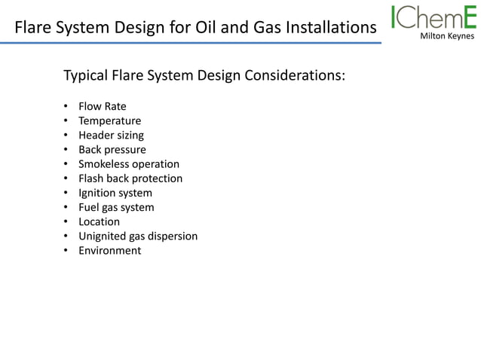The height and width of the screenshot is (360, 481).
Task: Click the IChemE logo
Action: click(x=434, y=17)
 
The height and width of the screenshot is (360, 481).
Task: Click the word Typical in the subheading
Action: click(x=86, y=77)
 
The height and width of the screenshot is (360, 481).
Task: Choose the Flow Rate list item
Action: click(x=103, y=106)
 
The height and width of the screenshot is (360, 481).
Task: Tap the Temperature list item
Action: click(x=109, y=121)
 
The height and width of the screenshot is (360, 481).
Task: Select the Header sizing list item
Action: click(x=111, y=136)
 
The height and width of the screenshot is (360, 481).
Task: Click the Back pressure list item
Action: click(x=112, y=150)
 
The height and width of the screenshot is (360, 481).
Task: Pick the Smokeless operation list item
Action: click(x=129, y=164)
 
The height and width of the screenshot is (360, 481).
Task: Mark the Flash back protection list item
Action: click(x=130, y=178)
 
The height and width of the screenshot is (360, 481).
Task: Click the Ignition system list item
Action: click(x=115, y=193)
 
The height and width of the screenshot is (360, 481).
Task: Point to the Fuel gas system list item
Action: click(x=116, y=207)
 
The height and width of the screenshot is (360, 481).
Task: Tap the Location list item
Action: click(x=99, y=221)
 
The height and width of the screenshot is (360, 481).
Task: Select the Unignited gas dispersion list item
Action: click(x=138, y=236)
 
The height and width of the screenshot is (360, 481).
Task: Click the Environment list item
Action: click(x=109, y=251)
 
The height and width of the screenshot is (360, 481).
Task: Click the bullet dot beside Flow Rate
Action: click(x=66, y=106)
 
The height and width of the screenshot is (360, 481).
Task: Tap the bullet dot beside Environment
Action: click(x=66, y=251)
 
